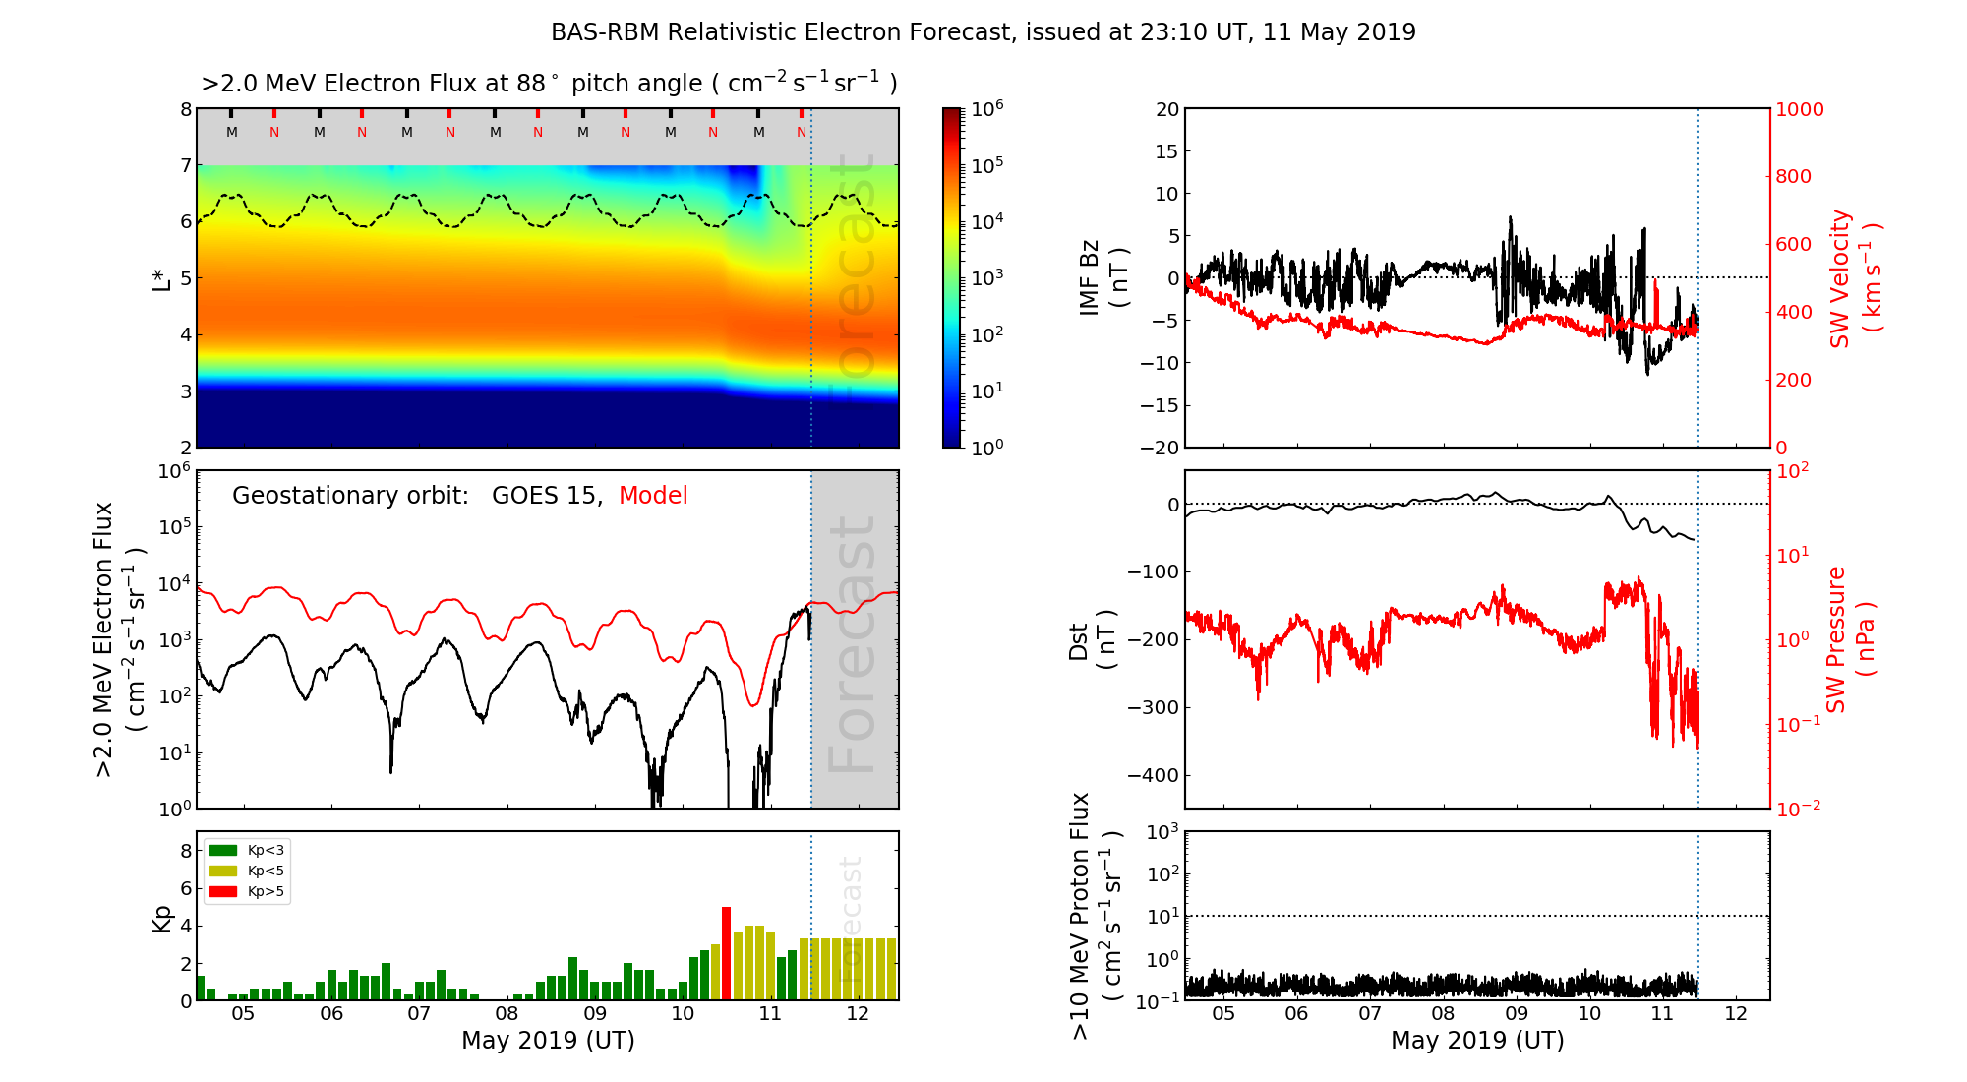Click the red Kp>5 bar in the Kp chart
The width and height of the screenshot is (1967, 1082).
click(x=726, y=953)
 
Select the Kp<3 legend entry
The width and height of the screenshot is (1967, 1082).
click(x=247, y=850)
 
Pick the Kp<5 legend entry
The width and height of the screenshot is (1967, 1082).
click(x=247, y=871)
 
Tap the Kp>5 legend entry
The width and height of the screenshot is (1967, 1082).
click(x=247, y=892)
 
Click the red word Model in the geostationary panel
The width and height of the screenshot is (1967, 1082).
click(x=653, y=496)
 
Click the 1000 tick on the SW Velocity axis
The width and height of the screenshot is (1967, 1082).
click(x=1799, y=109)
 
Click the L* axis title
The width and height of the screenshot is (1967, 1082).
click(x=162, y=277)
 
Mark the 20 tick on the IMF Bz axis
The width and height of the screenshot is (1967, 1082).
click(x=1166, y=109)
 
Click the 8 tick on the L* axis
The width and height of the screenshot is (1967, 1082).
click(x=185, y=109)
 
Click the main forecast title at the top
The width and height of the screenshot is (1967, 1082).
click(x=983, y=32)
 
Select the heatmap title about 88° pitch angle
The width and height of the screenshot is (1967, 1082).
click(x=549, y=84)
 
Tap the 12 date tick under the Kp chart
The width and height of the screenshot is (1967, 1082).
click(x=858, y=1014)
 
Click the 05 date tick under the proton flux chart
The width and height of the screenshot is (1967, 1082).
click(x=1223, y=1014)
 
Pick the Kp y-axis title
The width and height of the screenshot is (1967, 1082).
click(x=162, y=918)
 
